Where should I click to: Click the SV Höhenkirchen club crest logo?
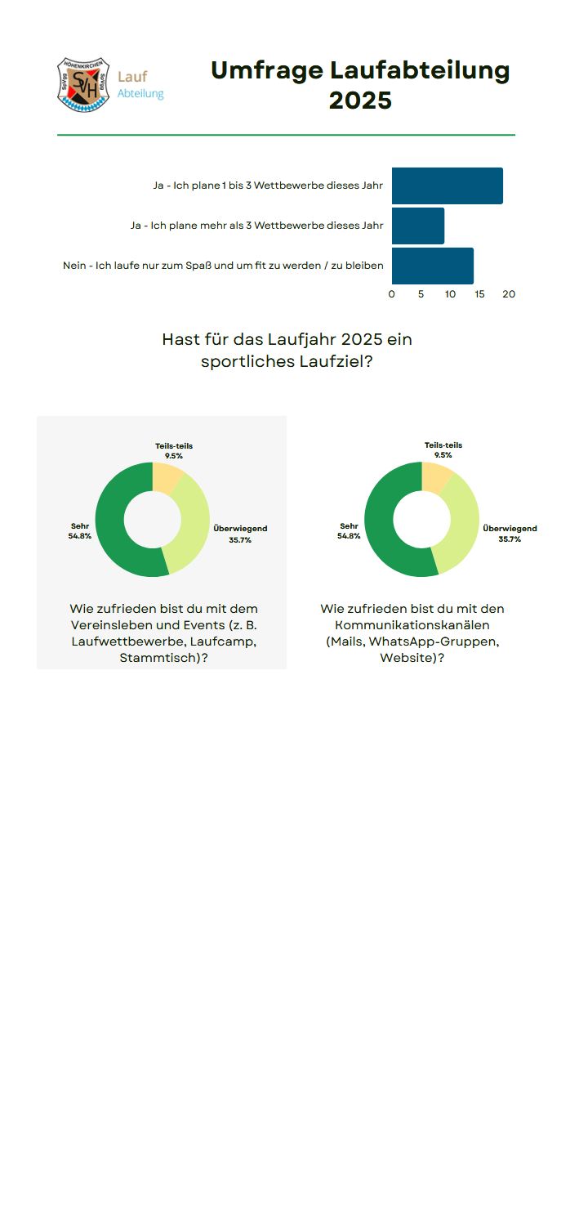83,84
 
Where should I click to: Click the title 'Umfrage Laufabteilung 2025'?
360,85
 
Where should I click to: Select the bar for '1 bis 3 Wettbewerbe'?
447,186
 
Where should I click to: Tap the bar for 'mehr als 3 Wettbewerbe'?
417,226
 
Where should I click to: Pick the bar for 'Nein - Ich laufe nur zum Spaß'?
432,266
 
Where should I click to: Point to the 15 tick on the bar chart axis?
479,294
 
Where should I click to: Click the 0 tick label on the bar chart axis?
392,294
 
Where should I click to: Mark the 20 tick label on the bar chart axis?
509,294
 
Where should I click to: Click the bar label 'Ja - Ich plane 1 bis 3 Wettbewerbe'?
268,186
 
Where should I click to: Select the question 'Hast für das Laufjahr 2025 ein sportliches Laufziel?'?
287,350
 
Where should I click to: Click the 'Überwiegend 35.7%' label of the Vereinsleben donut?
240,534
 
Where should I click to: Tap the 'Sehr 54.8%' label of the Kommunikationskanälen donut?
349,531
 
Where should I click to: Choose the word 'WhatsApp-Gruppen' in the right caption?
434,642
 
